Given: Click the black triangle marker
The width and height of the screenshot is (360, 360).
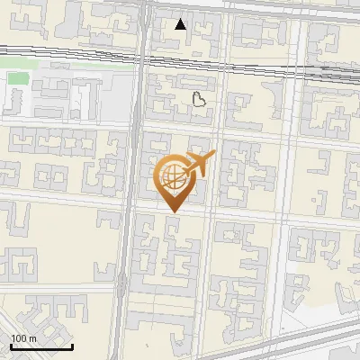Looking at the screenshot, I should (181, 24).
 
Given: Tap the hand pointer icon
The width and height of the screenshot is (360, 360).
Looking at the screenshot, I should (200, 98).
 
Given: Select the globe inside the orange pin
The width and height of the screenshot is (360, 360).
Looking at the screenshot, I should (173, 176).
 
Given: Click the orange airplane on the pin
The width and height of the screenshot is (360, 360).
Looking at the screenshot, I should (200, 163).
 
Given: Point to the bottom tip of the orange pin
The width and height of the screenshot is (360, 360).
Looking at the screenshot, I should (173, 211).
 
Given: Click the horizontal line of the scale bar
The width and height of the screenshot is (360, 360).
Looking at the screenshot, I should (41, 346).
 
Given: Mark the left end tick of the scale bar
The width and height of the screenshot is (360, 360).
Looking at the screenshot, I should (11, 346).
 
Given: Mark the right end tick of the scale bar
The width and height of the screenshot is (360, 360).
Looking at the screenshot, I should (72, 346).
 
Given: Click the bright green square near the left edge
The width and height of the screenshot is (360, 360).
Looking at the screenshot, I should (18, 78).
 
